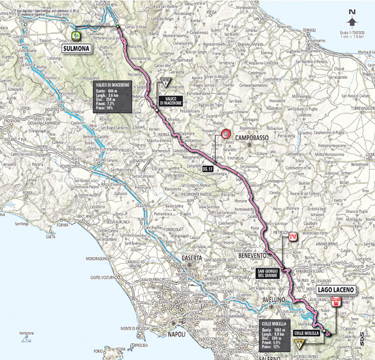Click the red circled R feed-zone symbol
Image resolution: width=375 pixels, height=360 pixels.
click(x=226, y=134)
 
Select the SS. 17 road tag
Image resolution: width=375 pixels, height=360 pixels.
click(x=207, y=169)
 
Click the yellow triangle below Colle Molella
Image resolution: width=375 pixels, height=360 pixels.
click(x=298, y=344)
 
